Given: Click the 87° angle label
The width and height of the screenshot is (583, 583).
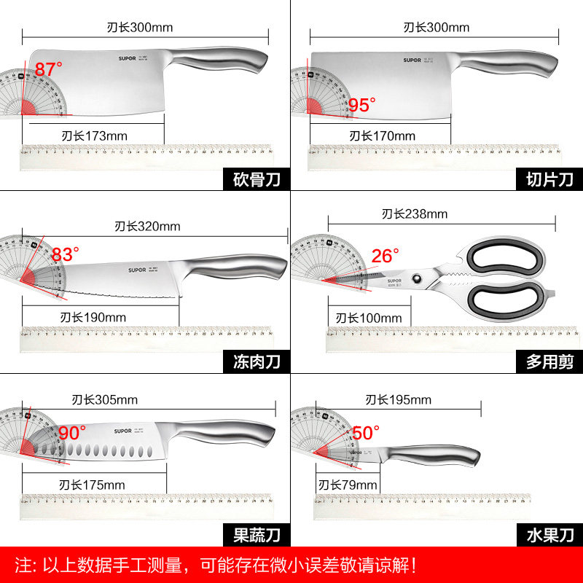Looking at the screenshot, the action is click(49, 70).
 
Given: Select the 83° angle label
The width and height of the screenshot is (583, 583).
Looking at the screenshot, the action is click(65, 254).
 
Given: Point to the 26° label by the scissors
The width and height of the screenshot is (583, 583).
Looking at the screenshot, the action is click(386, 256).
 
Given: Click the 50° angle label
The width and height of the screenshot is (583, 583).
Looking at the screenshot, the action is click(366, 433).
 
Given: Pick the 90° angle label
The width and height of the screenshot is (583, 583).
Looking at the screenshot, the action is click(72, 433).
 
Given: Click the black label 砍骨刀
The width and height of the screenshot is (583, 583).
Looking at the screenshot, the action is click(257, 179).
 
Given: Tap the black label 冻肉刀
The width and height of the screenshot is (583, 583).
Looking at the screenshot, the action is click(257, 360).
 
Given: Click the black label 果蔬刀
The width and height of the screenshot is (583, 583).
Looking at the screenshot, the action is click(257, 536).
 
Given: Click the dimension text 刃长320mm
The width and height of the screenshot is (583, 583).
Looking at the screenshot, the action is click(147, 226).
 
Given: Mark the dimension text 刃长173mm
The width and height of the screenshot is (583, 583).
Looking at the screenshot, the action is click(94, 136).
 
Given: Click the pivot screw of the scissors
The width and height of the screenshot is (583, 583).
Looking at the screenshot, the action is click(416, 278).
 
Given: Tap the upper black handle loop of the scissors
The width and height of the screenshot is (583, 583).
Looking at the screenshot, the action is click(505, 256).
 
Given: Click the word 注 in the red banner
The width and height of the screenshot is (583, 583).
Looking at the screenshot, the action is click(26, 564).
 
